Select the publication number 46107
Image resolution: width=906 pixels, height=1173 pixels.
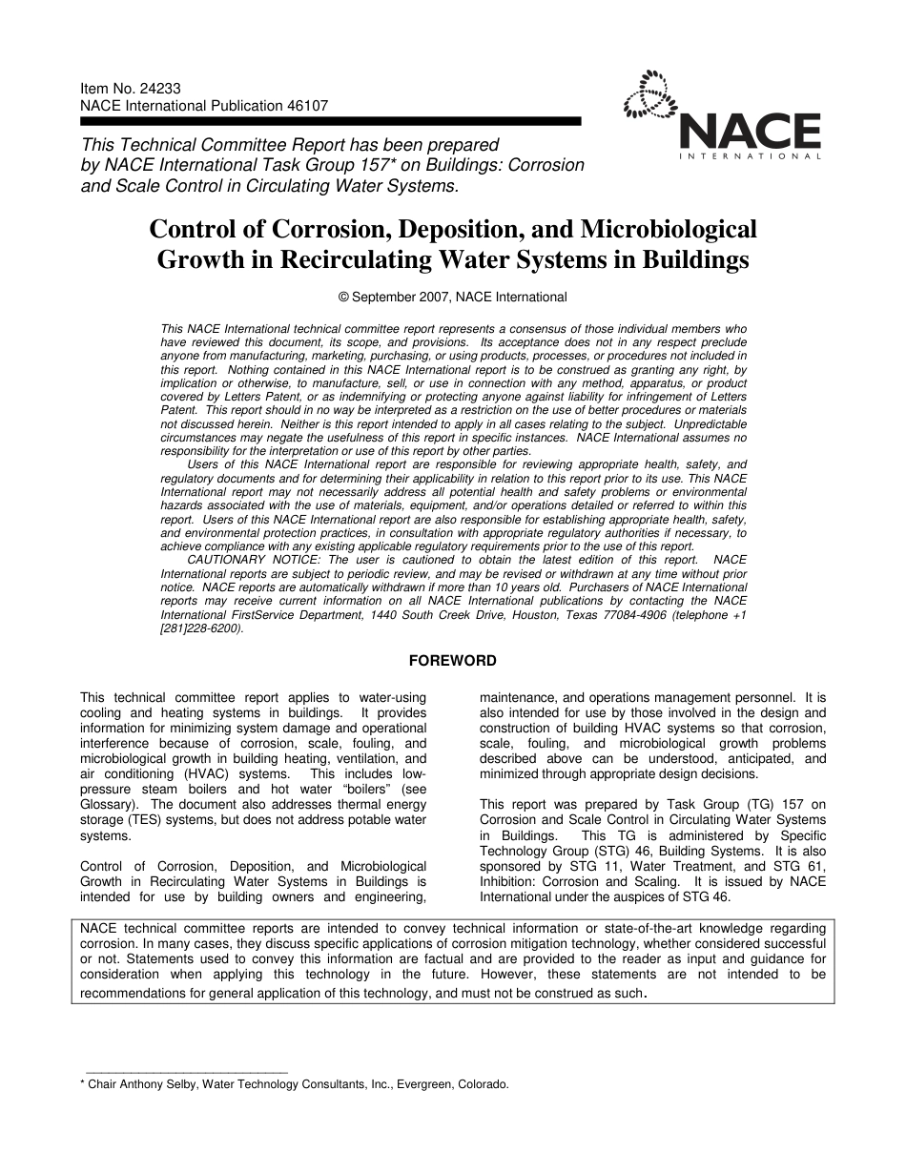[x=307, y=106]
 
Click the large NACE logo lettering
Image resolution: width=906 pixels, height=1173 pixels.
[x=750, y=131]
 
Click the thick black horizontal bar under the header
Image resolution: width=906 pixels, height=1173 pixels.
[x=330, y=122]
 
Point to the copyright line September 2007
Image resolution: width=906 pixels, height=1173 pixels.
[x=453, y=297]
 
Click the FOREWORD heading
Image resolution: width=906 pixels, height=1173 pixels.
[x=452, y=660]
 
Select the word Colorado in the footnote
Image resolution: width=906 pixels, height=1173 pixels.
[x=484, y=1084]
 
